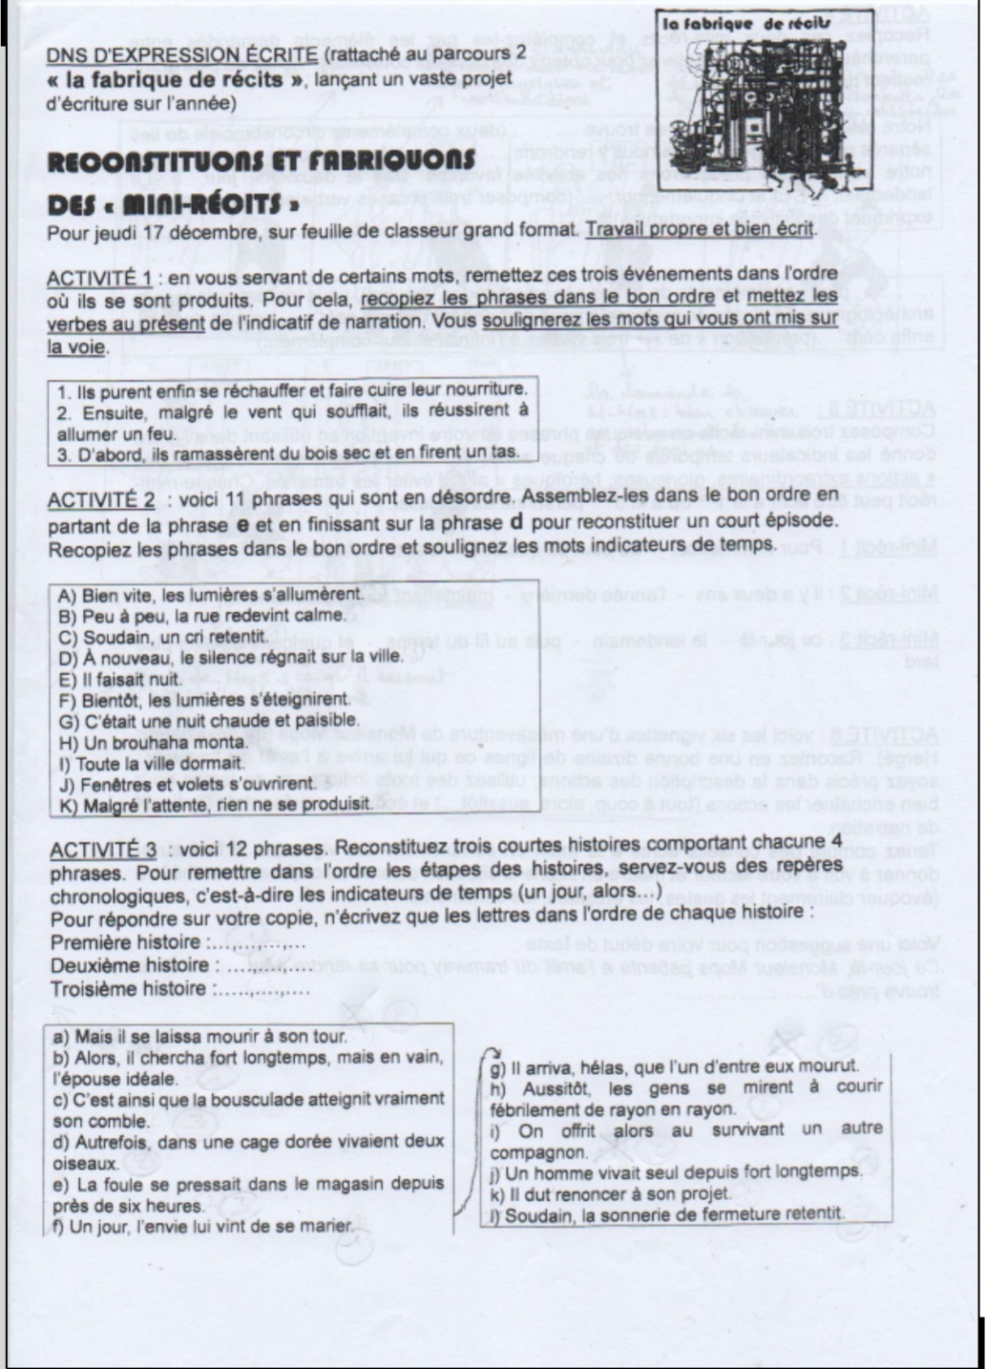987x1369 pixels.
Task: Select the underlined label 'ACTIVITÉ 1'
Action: tap(99, 278)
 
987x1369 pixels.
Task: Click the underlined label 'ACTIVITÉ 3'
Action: tap(101, 850)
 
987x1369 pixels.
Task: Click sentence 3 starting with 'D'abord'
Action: tap(286, 452)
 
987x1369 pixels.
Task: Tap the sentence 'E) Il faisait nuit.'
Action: tap(120, 679)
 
